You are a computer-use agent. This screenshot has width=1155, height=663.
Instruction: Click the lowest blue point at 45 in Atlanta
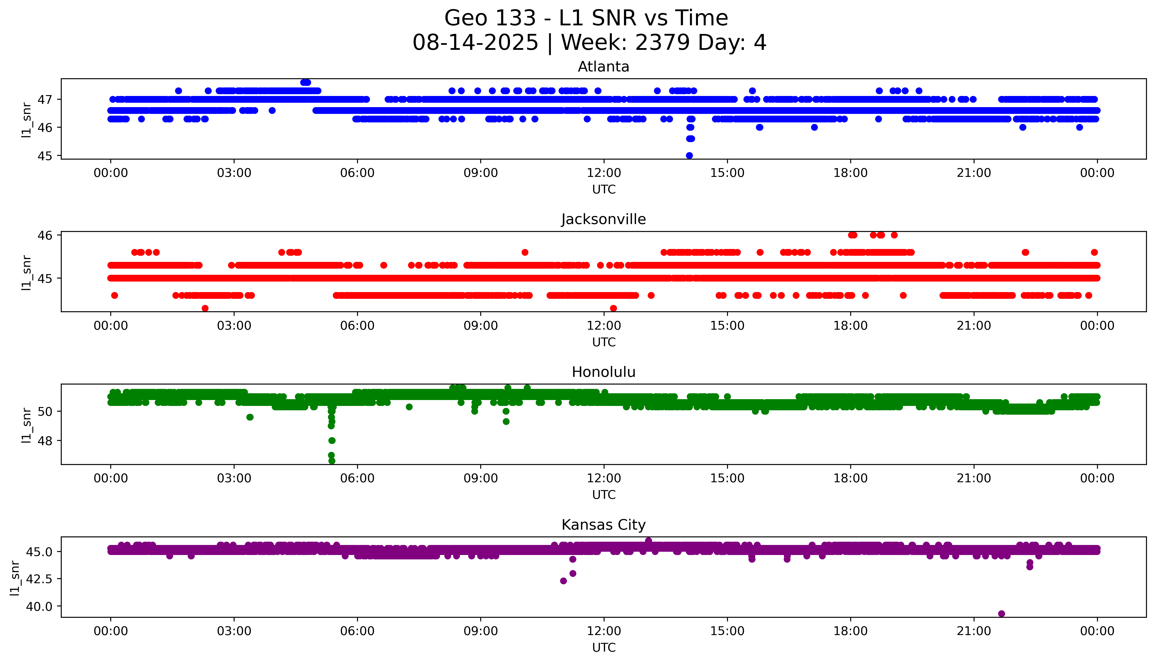click(689, 155)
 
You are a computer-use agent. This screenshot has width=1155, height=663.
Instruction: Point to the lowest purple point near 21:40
click(1001, 613)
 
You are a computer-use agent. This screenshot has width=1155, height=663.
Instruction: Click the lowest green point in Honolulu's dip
click(332, 461)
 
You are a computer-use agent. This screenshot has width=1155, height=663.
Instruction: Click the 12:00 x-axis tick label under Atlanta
click(604, 173)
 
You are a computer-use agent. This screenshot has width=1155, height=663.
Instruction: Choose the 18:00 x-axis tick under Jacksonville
click(851, 325)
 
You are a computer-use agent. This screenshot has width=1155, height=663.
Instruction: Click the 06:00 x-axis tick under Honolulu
click(357, 478)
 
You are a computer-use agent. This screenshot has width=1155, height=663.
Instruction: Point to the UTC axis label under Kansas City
click(604, 647)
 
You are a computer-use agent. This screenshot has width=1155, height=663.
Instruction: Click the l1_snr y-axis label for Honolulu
click(26, 425)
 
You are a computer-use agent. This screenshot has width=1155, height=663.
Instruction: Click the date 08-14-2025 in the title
click(475, 43)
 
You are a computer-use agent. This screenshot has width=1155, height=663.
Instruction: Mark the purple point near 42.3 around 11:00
click(563, 581)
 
